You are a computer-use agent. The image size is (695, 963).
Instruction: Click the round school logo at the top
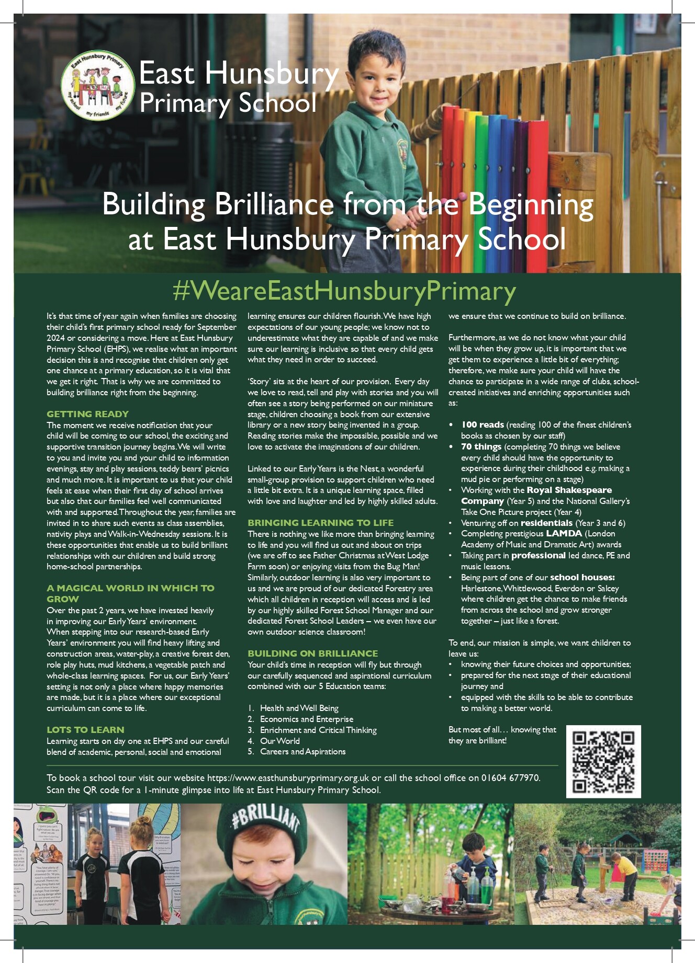(98, 86)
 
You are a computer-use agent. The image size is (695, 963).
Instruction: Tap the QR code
(603, 761)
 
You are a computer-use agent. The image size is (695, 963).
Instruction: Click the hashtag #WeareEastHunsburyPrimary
(344, 291)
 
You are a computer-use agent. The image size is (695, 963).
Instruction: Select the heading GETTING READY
(87, 414)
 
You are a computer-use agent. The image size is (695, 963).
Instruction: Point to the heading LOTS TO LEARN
(85, 730)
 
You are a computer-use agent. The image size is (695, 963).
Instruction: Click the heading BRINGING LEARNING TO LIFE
(320, 523)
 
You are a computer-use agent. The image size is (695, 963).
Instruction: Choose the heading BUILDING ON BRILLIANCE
(312, 654)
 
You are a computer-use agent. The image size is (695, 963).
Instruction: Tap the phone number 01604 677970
(510, 778)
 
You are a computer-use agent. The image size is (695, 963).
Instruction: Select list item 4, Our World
(279, 741)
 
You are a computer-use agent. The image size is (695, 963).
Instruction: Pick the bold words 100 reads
(482, 425)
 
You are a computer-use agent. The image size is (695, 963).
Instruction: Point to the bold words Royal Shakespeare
(569, 490)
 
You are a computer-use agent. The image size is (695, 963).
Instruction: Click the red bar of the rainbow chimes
(451, 173)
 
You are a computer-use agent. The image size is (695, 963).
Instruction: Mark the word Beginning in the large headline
(531, 205)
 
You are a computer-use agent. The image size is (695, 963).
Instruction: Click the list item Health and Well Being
(299, 708)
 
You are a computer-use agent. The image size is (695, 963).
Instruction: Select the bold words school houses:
(582, 578)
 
